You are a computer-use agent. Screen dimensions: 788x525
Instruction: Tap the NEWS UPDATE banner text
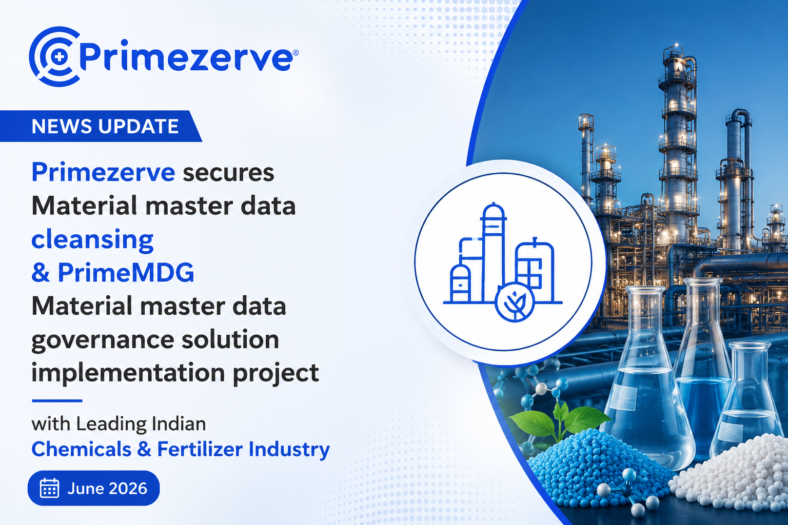[105, 126]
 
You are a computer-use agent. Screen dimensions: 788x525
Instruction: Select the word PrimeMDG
[126, 272]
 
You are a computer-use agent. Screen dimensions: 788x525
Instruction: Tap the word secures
[228, 173]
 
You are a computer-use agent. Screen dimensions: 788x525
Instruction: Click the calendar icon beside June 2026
[50, 488]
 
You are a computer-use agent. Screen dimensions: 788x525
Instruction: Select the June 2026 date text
[107, 489]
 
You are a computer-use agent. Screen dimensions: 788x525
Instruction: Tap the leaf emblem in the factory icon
[515, 302]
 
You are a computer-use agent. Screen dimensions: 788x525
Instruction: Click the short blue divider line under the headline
[57, 400]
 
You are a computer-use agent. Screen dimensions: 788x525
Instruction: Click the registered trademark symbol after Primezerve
[295, 53]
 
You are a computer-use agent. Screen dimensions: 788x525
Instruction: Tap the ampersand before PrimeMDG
[41, 273]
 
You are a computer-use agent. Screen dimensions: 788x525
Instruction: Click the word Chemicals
[81, 449]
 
